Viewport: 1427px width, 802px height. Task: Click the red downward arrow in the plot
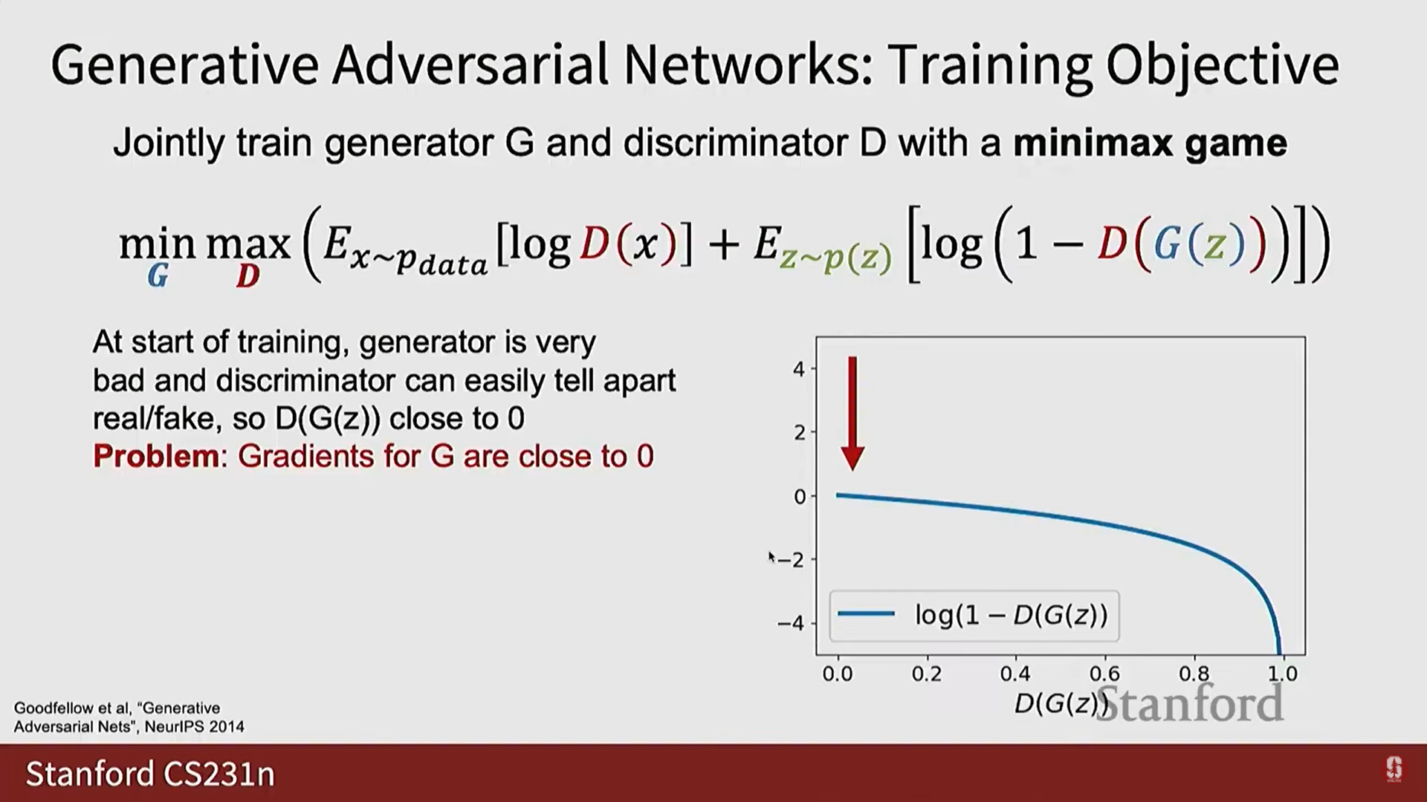(852, 413)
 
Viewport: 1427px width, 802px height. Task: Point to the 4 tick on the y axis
(799, 368)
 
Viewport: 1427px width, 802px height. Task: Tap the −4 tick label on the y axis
(791, 622)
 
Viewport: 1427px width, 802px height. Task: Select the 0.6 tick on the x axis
(1104, 674)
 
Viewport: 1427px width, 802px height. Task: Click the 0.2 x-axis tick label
(927, 674)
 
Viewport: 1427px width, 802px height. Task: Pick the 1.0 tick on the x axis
(1283, 674)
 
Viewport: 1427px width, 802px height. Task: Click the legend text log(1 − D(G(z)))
(1012, 615)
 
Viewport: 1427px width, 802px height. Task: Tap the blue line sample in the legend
(866, 613)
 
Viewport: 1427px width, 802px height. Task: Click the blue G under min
(158, 276)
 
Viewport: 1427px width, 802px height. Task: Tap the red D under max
(248, 276)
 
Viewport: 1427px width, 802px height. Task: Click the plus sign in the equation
(723, 246)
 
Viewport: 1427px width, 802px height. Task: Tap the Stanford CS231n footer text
(150, 774)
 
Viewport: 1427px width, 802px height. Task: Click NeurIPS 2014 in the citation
(194, 726)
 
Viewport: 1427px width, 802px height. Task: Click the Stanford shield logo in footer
(1394, 769)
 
